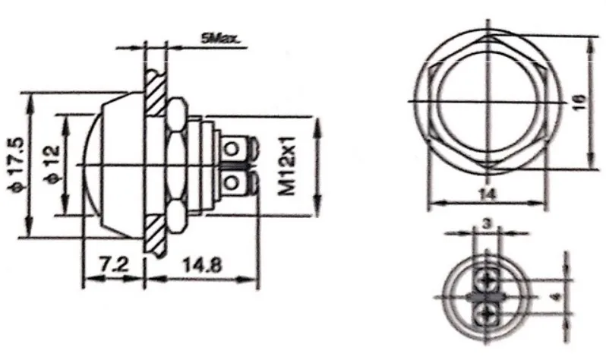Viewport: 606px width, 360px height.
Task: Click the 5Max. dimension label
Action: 220,39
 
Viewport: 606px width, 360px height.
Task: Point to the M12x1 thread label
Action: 287,166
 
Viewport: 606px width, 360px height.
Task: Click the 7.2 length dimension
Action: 115,265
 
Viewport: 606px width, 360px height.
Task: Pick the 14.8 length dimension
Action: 202,265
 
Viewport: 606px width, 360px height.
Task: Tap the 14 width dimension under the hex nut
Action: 488,194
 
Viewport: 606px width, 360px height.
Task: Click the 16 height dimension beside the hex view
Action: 579,102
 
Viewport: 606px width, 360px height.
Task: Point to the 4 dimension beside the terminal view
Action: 556,297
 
